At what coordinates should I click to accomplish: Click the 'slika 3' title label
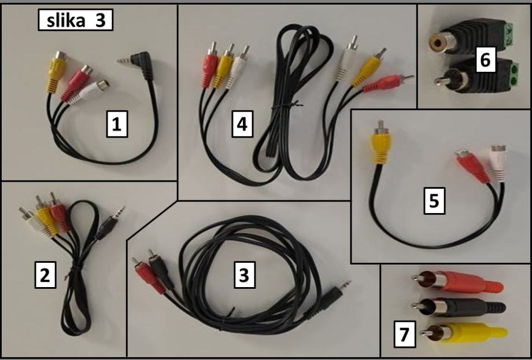pos(75,20)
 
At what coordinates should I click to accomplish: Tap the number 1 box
pos(117,124)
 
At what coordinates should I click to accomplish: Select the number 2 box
pos(45,275)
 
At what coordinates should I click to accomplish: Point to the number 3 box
pos(244,275)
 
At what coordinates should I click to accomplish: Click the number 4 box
pos(242,124)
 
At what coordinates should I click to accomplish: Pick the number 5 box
pos(434,200)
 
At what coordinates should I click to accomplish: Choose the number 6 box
pos(486,60)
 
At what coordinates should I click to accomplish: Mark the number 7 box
pos(404,334)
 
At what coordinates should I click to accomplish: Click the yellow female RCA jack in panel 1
pos(56,72)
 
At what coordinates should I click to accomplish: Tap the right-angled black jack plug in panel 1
pos(141,64)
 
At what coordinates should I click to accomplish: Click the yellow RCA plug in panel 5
pos(381,142)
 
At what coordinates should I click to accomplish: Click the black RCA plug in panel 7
pos(459,307)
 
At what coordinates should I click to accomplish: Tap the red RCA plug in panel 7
pos(457,282)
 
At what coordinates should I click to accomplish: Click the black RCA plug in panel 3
pos(160,269)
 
